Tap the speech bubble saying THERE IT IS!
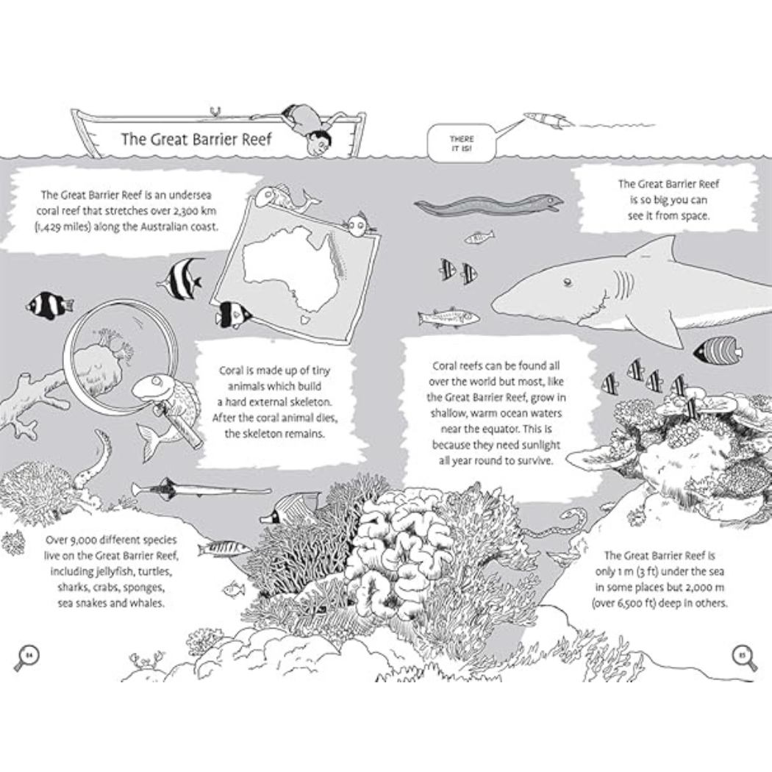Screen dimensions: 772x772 pos(461,143)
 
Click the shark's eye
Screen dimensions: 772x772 pos(567,282)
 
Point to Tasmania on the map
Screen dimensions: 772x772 pos(304,320)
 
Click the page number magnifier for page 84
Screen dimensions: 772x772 pos(28,657)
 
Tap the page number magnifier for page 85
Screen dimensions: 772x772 pos(744,657)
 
